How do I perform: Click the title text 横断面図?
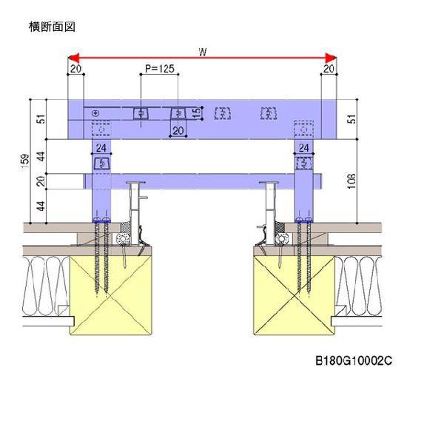tap(52, 27)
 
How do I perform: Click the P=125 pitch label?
tap(159, 69)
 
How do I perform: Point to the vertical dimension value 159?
tap(23, 159)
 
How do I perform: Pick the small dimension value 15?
tap(196, 112)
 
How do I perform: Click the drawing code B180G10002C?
tap(354, 362)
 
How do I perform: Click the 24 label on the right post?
tap(303, 149)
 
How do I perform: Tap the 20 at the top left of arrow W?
tap(75, 69)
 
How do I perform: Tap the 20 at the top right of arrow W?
tap(329, 69)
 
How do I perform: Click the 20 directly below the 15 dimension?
tap(178, 131)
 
